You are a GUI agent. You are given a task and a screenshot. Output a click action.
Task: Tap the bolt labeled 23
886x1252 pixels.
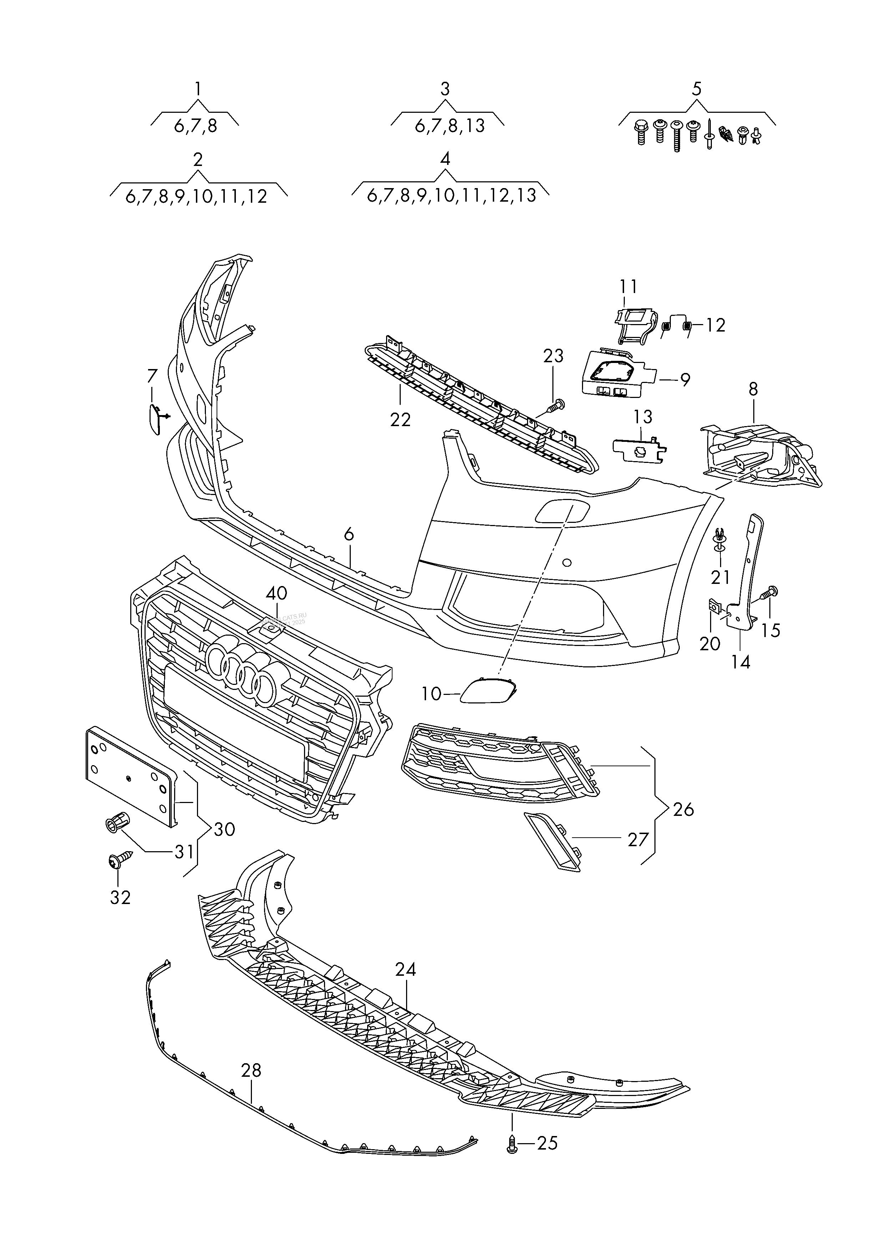click(557, 405)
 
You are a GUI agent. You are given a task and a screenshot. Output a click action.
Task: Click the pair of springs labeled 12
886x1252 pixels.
click(677, 326)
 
